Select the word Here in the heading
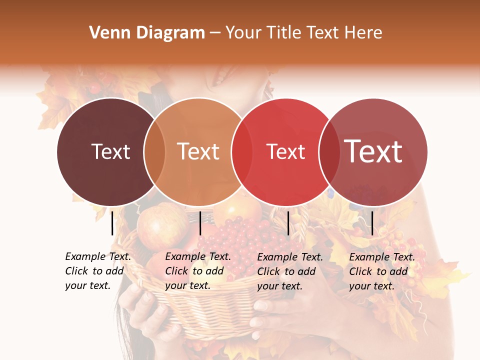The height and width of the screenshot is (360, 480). (364, 33)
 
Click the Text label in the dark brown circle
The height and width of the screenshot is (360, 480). (110, 151)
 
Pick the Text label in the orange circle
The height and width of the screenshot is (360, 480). (198, 151)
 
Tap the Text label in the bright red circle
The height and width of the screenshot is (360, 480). (285, 152)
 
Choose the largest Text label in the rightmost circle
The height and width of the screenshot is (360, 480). (373, 151)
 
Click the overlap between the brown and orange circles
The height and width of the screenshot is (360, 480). (154, 152)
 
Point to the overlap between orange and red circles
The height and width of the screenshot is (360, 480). (242, 152)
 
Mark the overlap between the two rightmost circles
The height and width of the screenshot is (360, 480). (328, 152)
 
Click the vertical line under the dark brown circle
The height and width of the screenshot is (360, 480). (112, 223)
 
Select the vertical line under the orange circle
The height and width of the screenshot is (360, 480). (200, 223)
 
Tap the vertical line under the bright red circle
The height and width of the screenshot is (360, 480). (288, 223)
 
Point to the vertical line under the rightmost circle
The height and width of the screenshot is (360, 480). (372, 223)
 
